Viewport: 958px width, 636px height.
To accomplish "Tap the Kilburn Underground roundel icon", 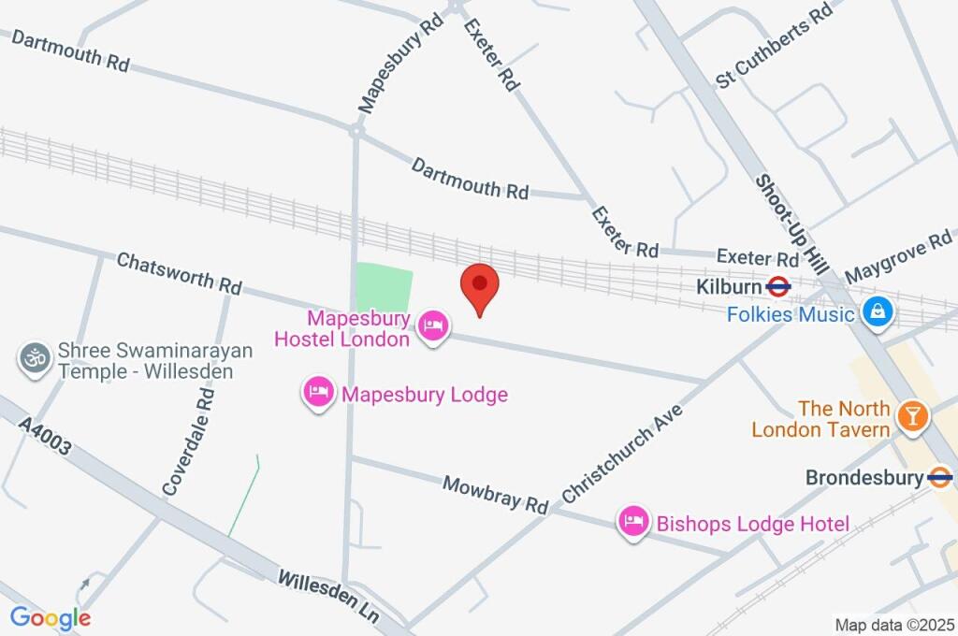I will (x=778, y=286).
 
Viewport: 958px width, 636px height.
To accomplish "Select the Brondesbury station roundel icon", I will (x=940, y=478).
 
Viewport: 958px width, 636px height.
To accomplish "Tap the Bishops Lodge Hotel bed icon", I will (x=633, y=523).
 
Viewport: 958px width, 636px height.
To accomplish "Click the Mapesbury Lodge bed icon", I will (x=318, y=394).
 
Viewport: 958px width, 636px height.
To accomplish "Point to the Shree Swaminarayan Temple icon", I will (x=35, y=359).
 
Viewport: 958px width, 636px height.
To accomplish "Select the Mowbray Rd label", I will (x=495, y=495).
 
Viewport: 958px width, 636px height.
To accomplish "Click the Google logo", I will (x=51, y=617).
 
